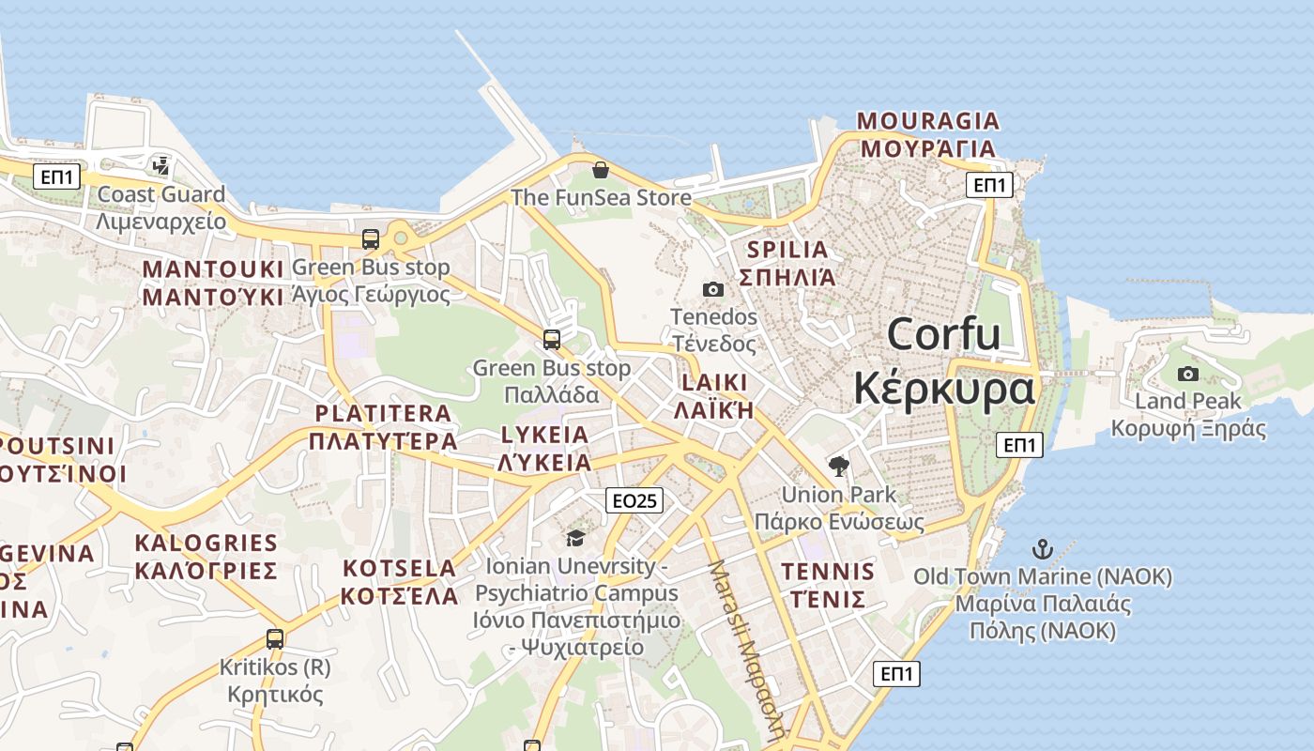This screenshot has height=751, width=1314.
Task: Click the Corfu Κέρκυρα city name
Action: (x=944, y=361)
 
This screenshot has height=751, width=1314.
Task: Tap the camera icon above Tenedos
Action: (x=713, y=289)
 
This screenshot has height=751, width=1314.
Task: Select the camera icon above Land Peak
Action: (x=1188, y=374)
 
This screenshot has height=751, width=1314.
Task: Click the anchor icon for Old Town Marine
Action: (x=1042, y=548)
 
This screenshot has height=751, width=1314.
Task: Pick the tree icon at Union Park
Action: (x=838, y=466)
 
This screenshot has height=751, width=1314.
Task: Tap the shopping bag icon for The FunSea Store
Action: (x=601, y=170)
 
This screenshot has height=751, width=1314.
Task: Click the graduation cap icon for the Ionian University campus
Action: (x=574, y=538)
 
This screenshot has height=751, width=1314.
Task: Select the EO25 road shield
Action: (x=634, y=500)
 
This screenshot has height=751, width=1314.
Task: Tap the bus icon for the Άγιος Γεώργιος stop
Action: (x=371, y=239)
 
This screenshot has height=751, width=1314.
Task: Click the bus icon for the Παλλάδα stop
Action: (x=552, y=339)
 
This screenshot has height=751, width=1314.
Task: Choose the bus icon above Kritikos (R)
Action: (x=275, y=639)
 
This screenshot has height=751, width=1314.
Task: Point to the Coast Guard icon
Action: (x=160, y=166)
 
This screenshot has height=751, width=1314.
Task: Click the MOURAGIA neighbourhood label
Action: (x=928, y=134)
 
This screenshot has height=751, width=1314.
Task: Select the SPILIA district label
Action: (x=787, y=263)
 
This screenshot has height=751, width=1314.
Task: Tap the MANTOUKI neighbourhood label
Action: (x=213, y=283)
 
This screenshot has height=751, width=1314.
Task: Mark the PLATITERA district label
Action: (x=383, y=427)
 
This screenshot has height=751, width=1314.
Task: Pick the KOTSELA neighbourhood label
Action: (x=399, y=582)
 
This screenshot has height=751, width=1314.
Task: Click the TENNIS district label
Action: (x=828, y=585)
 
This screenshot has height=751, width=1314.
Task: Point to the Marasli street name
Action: (x=748, y=648)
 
